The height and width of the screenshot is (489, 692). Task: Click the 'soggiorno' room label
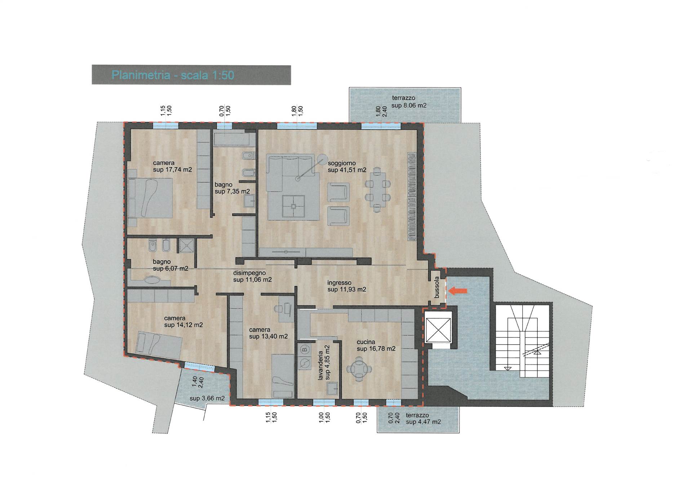(342, 163)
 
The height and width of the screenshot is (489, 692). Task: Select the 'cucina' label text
(366, 342)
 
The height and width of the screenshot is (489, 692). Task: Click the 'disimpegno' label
(249, 273)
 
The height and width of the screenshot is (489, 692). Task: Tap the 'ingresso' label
(339, 283)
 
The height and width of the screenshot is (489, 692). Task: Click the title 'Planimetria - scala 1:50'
(173, 75)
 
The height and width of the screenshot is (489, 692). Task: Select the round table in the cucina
(359, 369)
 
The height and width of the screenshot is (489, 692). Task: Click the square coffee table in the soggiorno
(293, 206)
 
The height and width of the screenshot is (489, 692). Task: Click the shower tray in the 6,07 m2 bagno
(187, 246)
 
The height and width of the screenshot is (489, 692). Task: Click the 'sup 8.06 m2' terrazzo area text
(409, 106)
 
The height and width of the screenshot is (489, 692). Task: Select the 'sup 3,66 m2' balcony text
(207, 398)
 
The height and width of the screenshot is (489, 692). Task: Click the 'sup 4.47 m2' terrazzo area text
(423, 422)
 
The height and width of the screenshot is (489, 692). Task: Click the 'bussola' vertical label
(437, 287)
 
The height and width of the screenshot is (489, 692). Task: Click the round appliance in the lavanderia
(305, 363)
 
